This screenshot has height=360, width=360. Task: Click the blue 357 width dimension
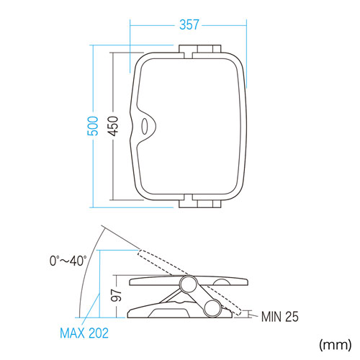pyautogui.click(x=189, y=24)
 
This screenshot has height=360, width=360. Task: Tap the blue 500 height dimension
pyautogui.click(x=93, y=126)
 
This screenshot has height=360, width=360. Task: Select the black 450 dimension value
pyautogui.click(x=113, y=126)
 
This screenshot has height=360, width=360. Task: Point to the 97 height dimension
pyautogui.click(x=117, y=295)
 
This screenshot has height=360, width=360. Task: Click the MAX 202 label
pyautogui.click(x=84, y=333)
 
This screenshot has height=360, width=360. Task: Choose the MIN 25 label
pyautogui.click(x=280, y=317)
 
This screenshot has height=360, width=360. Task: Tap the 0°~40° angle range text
pyautogui.click(x=68, y=261)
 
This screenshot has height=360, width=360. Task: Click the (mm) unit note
pyautogui.click(x=336, y=345)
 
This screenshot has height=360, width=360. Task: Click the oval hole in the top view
pyautogui.click(x=145, y=126)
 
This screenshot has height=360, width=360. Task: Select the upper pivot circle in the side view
pyautogui.click(x=189, y=284)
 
